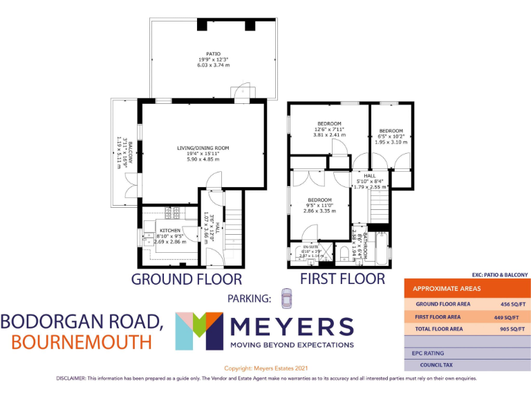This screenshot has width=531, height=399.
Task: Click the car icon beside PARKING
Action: [x=287, y=299]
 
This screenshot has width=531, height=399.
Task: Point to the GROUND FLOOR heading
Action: [x=187, y=280]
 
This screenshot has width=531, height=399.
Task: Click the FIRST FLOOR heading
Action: [x=342, y=279]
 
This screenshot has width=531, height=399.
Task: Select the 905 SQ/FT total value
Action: [x=512, y=329]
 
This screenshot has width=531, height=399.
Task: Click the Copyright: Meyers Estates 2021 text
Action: [x=265, y=368]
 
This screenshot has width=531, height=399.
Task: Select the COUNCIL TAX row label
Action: [x=437, y=365]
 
